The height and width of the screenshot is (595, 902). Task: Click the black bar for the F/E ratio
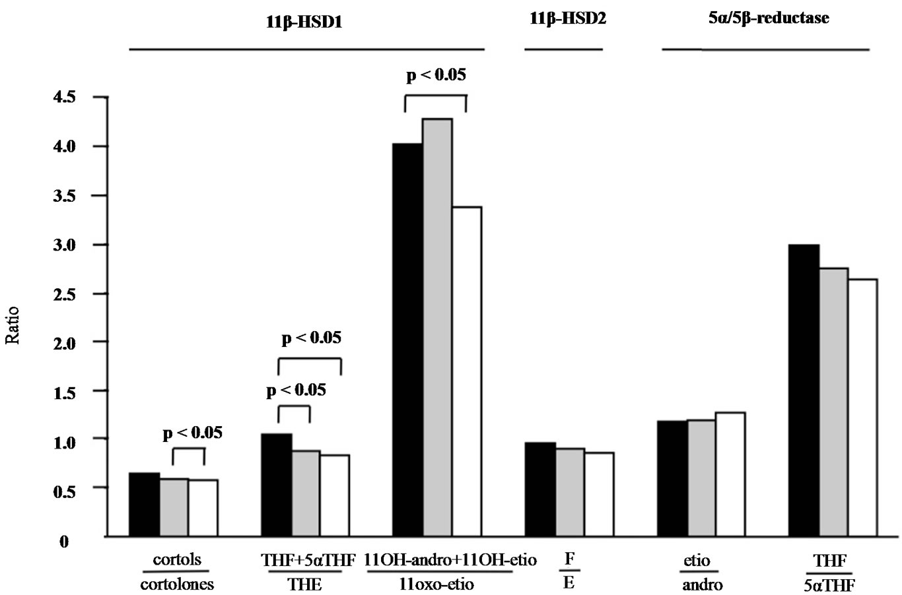(540, 489)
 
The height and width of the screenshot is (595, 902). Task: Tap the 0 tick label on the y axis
(64, 542)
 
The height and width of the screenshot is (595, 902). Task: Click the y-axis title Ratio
(13, 326)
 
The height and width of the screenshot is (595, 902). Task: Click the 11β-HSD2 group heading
(568, 19)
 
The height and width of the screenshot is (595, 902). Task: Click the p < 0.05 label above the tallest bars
(436, 75)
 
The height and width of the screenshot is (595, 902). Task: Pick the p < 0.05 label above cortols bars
(192, 433)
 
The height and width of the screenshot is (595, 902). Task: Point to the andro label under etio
(702, 584)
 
